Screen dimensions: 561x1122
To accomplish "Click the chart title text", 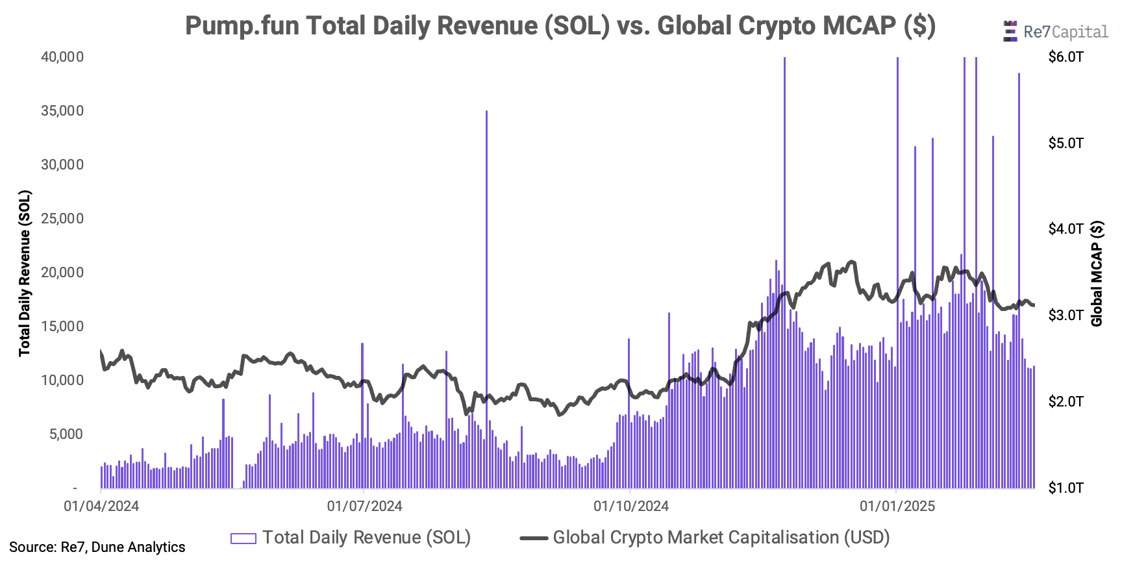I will (560, 26).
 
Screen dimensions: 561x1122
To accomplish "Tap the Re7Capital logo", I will (1056, 32).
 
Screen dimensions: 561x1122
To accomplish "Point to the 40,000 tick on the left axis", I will (62, 57).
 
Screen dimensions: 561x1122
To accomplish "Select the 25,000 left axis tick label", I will (62, 219).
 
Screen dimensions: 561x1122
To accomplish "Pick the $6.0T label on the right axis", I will (1066, 57).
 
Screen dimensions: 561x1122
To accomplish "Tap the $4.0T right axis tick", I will (1066, 229).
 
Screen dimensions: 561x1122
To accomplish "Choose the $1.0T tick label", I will (1066, 488).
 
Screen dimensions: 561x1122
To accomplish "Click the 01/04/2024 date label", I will (101, 506).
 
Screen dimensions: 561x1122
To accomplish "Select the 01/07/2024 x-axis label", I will (364, 506).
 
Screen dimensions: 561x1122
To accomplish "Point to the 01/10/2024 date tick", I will (630, 506).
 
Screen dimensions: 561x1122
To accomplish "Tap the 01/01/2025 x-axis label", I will (897, 506).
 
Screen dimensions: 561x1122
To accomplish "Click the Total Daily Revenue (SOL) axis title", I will (25, 273).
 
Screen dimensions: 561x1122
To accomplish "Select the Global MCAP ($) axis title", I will (1097, 273).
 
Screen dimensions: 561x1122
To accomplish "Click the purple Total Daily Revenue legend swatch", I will (243, 538).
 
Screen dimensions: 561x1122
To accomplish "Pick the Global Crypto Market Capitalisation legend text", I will (721, 538).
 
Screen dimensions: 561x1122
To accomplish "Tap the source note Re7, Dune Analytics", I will (97, 547).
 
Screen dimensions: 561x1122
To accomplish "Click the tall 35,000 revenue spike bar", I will (486, 260).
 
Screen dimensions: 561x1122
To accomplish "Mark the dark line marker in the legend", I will (534, 538).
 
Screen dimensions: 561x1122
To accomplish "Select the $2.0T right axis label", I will (1066, 402).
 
